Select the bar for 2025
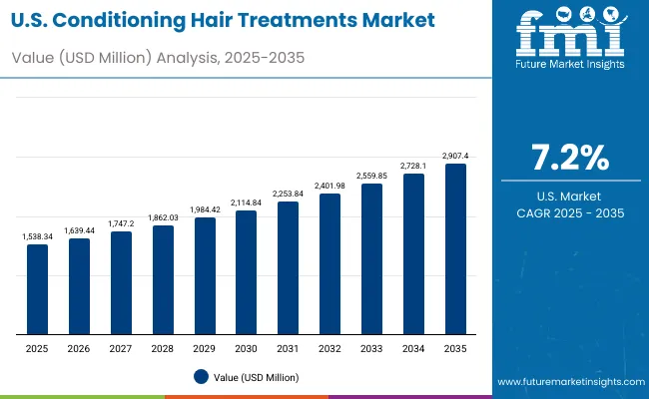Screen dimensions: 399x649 coord(37,289)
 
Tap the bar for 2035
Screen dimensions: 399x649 coord(454,249)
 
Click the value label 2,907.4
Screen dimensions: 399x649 coord(454,156)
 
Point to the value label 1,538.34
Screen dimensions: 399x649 coord(37,236)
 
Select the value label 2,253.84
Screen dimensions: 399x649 coord(288,195)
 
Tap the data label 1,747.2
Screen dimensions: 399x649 coord(121,224)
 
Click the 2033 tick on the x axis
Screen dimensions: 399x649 coord(371,348)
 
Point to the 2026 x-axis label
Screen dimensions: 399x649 coord(79,348)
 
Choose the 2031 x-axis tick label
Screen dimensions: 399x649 coord(288,348)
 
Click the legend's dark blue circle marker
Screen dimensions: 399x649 coord(202,376)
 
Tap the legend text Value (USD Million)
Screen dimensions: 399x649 coord(256,377)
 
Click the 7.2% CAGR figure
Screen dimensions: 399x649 coord(569,158)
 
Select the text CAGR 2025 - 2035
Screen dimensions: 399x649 coord(569,213)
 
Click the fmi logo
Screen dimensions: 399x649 coord(569,36)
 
